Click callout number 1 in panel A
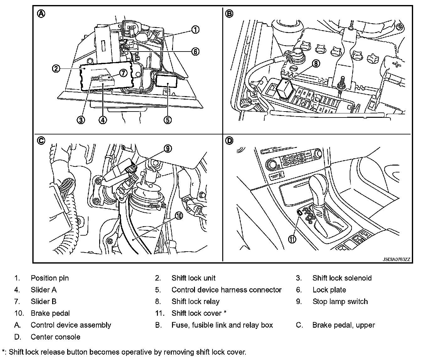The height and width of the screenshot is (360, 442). [195, 30]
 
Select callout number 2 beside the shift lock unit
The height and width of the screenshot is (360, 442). [56, 68]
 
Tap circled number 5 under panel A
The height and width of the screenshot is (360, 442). [168, 120]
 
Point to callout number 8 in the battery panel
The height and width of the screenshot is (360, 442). [315, 63]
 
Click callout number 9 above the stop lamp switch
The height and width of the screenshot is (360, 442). [168, 149]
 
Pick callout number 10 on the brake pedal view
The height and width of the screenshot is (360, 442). [179, 215]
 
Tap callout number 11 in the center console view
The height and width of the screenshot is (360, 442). [292, 239]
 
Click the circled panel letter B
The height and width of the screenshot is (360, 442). [229, 14]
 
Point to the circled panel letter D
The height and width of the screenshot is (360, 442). [229, 140]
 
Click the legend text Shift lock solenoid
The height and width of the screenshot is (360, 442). [342, 278]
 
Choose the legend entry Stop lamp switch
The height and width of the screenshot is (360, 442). [340, 302]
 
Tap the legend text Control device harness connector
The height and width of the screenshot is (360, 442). [226, 290]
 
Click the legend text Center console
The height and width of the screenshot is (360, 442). [55, 337]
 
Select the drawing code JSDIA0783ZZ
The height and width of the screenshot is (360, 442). [396, 259]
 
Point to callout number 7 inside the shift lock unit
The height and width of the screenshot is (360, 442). [122, 73]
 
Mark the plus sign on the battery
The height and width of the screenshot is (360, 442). [397, 65]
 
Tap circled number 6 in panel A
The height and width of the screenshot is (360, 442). [195, 52]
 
